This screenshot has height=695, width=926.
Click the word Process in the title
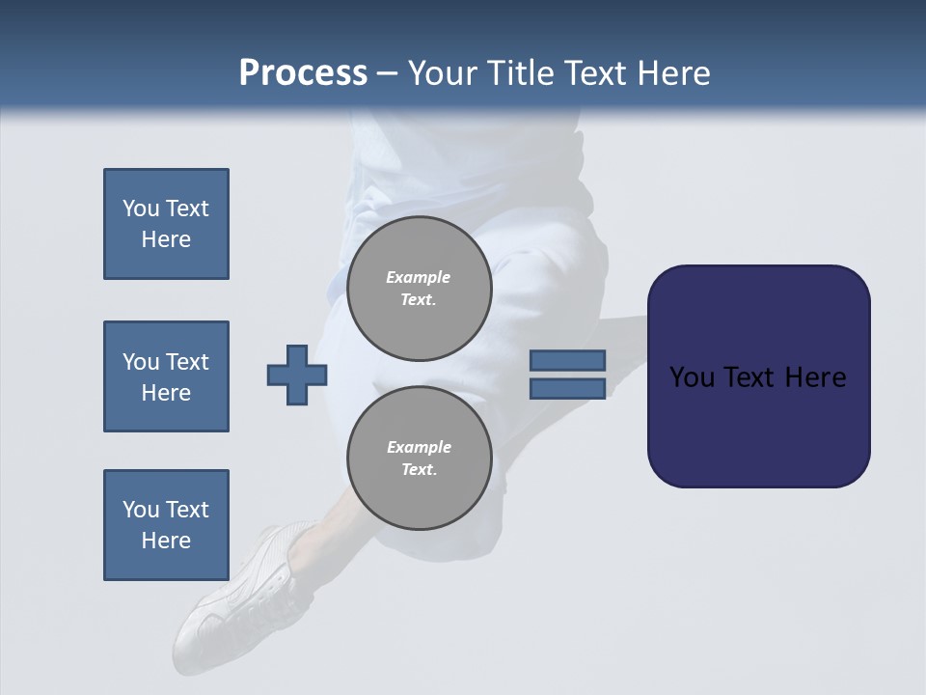point(303,73)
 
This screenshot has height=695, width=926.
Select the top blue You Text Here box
point(166,224)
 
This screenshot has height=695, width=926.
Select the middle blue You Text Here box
point(166,376)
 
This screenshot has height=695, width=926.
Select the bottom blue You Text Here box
point(166,525)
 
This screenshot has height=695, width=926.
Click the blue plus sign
point(297,375)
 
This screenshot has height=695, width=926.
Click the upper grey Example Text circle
point(419,288)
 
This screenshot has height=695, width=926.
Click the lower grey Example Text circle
point(419,458)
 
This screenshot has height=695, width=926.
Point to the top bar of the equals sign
point(567,361)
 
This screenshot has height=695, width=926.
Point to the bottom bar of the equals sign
point(567,388)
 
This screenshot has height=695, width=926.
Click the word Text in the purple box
point(755,377)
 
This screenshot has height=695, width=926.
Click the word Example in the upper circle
point(419,277)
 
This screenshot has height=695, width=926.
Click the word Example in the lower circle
point(419,447)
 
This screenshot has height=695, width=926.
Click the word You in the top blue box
point(141,208)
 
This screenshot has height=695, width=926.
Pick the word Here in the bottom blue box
point(166,541)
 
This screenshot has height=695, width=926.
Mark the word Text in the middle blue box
point(186,362)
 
